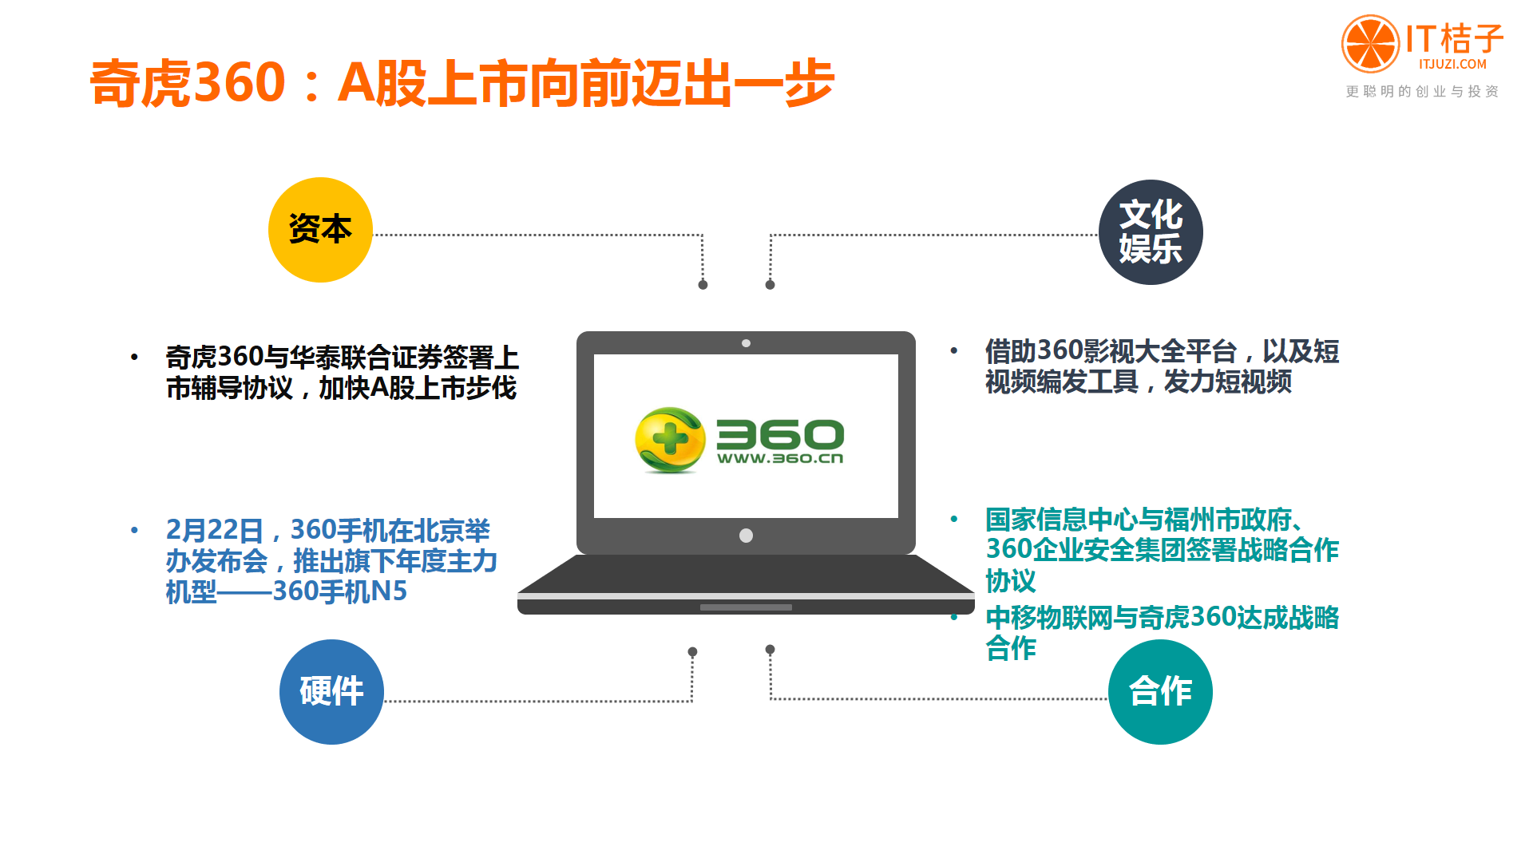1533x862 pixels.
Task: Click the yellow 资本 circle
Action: [x=320, y=230]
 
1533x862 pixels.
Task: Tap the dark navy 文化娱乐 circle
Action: [x=1151, y=232]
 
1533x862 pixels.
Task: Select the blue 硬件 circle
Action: [x=331, y=692]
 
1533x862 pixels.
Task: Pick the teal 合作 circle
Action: [x=1160, y=692]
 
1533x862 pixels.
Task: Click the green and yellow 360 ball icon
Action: [x=670, y=440]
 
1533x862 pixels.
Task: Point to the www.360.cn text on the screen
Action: [x=780, y=458]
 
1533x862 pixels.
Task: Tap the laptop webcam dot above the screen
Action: [x=746, y=343]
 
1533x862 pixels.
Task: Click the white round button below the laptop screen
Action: [x=746, y=536]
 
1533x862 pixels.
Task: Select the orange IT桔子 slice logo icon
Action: [x=1370, y=43]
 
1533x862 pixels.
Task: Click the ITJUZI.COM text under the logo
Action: [x=1453, y=65]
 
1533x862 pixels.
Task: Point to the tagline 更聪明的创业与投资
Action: [x=1422, y=92]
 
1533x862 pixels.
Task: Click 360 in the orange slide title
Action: [x=240, y=82]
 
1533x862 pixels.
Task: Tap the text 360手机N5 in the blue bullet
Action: [x=340, y=591]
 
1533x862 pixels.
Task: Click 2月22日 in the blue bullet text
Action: [x=215, y=530]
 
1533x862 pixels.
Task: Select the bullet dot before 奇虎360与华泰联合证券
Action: [x=134, y=358]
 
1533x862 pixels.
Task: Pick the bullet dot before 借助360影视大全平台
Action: [x=953, y=350]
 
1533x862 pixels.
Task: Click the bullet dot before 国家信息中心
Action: [x=953, y=519]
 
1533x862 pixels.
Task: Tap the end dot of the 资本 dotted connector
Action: [x=703, y=285]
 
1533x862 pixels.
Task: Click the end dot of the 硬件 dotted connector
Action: [x=692, y=652]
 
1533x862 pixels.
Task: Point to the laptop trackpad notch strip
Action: [x=746, y=607]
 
